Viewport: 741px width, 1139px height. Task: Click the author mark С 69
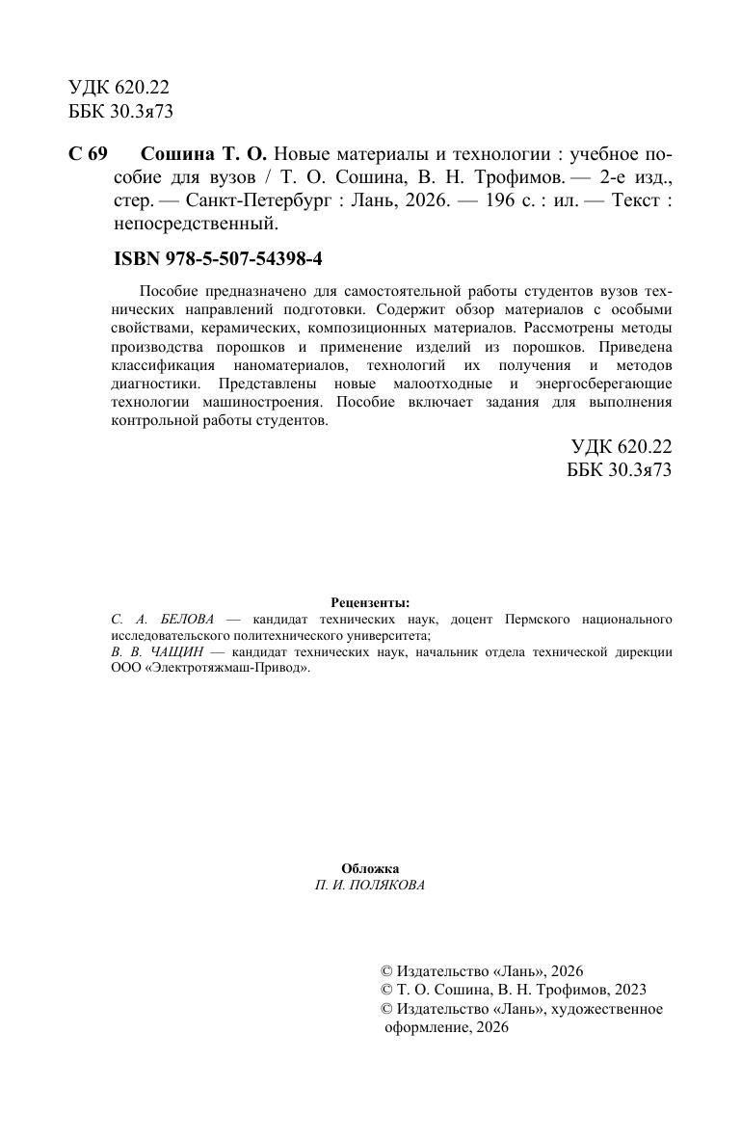click(88, 155)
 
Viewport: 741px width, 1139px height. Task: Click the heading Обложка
click(370, 868)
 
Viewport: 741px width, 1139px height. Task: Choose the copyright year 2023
click(628, 990)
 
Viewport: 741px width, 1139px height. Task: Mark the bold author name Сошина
click(173, 155)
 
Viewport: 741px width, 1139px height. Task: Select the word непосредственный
click(195, 225)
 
